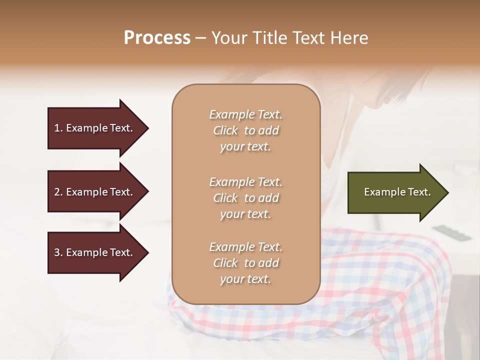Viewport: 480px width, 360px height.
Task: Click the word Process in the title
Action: click(157, 38)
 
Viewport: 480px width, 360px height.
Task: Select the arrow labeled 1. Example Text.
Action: click(95, 128)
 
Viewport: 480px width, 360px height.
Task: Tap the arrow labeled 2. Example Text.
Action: click(95, 192)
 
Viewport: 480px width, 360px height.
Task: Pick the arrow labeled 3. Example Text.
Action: click(95, 252)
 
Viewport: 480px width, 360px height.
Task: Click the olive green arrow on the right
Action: click(395, 192)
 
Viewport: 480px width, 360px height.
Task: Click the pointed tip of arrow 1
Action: click(147, 128)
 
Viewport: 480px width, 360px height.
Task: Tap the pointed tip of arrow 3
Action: click(147, 252)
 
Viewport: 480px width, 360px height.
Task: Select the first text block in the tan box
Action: click(245, 130)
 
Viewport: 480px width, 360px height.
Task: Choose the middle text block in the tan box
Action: click(245, 198)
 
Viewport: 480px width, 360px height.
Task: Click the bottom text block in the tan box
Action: click(245, 263)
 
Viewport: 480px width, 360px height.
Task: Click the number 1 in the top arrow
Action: click(57, 128)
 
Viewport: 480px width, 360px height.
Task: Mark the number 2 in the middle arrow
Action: click(57, 192)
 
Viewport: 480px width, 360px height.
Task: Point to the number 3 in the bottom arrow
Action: click(57, 252)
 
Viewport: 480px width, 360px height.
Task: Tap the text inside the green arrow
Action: click(397, 192)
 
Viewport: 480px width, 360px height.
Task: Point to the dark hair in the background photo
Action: click(395, 85)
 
